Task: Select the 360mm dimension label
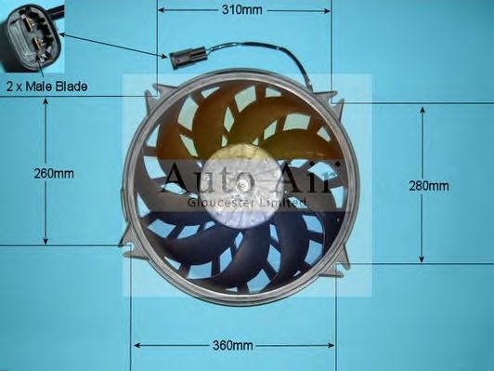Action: [232, 346]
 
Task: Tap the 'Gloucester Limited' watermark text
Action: [247, 202]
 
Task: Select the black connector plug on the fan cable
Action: [181, 58]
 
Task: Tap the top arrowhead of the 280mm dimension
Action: [423, 109]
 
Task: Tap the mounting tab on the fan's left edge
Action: [124, 238]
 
